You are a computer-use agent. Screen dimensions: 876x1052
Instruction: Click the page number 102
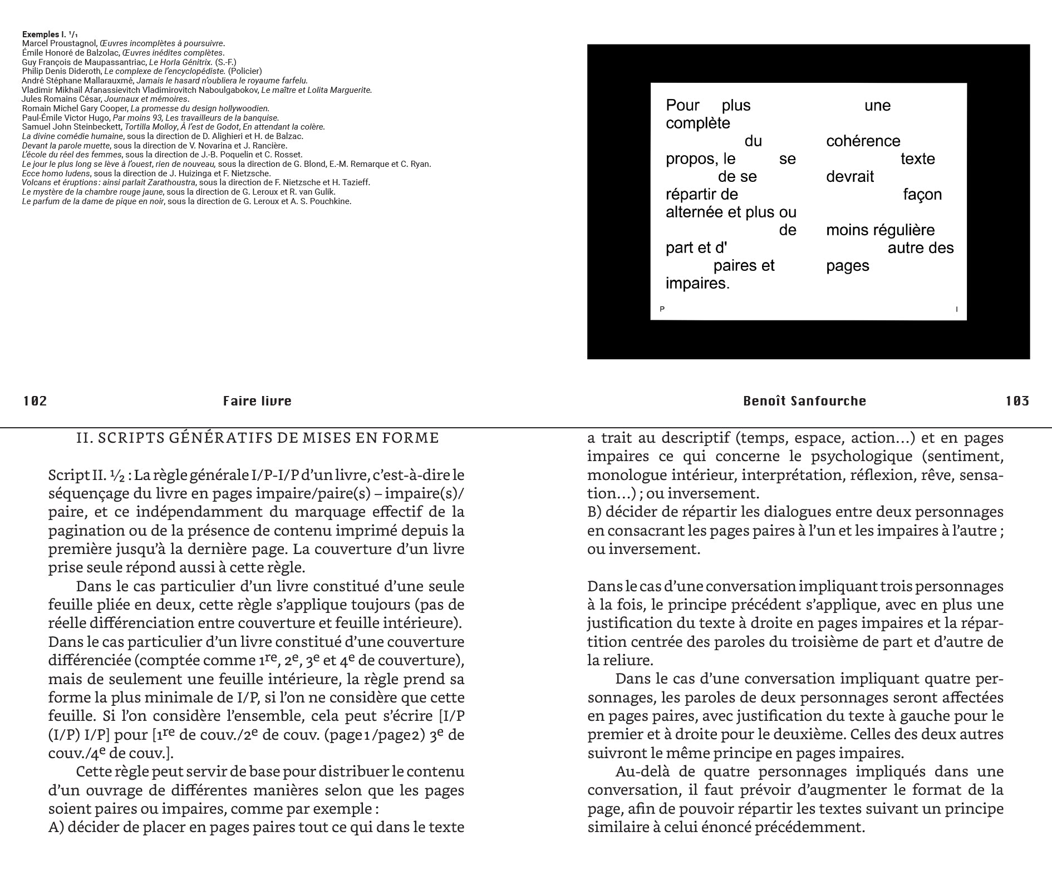pos(35,401)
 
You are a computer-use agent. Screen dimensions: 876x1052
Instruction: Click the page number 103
pos(1017,401)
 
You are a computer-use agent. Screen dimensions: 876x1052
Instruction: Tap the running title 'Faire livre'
pos(257,401)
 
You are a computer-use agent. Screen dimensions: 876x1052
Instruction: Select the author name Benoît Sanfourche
pos(804,401)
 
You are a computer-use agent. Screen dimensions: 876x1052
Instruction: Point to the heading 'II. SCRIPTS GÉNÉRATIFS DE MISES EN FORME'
pos(257,438)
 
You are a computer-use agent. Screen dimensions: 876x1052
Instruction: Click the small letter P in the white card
pos(662,309)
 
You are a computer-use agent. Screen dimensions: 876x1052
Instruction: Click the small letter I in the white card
pos(956,309)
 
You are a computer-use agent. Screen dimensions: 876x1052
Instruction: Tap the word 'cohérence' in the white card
pos(863,141)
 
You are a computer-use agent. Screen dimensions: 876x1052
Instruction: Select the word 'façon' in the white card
pos(922,195)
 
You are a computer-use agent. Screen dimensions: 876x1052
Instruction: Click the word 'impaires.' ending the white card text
pos(697,284)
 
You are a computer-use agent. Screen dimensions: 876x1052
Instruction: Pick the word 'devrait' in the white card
pos(850,177)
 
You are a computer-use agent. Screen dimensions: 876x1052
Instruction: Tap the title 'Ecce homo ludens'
pos(56,174)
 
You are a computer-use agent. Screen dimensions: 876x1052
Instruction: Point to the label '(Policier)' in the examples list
pos(244,71)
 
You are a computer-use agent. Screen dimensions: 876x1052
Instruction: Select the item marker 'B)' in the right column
pos(594,512)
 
